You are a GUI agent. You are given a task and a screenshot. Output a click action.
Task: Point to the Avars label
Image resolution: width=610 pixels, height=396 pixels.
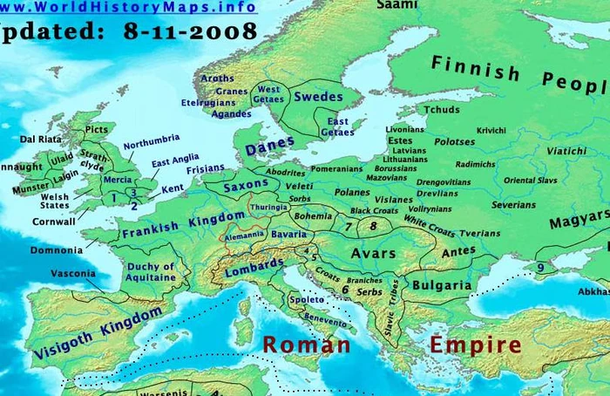click(373, 253)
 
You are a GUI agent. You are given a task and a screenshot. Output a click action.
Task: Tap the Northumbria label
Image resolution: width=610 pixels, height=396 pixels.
click(152, 140)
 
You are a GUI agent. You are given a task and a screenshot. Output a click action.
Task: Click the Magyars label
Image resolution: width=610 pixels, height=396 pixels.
click(579, 221)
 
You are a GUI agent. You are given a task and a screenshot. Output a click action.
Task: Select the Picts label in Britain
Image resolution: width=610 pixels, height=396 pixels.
click(97, 130)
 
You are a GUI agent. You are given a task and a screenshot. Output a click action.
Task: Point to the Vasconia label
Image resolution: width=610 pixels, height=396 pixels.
click(74, 273)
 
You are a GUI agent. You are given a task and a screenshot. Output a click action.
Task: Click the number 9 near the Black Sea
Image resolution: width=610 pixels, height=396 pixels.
click(540, 267)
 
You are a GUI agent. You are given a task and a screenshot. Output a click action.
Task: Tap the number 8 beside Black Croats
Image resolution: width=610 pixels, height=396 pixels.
click(373, 226)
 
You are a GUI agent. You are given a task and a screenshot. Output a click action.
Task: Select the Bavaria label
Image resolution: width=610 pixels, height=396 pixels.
click(288, 234)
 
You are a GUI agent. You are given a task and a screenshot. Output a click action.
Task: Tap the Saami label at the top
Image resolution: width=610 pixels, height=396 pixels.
click(396, 5)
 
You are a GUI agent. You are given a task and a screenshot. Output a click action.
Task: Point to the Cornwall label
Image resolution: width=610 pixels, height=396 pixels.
click(53, 222)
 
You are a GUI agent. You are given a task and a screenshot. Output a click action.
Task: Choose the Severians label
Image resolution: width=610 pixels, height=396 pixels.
click(514, 205)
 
